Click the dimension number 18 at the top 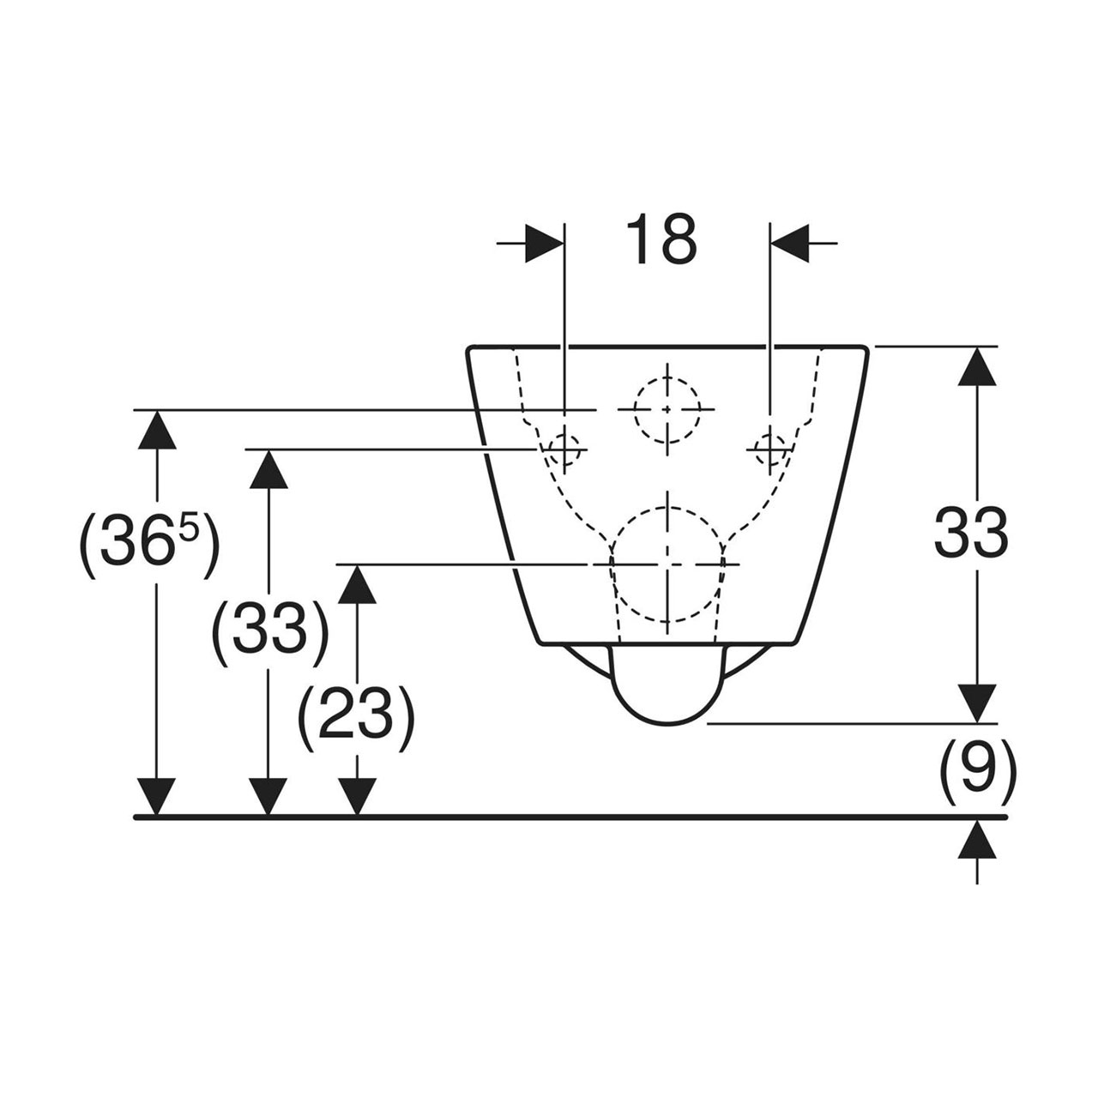coord(661,240)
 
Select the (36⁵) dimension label coord(148,545)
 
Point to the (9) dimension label coord(977,774)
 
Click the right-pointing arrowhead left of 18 coord(544,244)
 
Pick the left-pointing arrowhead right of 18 coord(789,244)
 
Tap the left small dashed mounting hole coord(564,449)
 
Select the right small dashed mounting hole coord(769,449)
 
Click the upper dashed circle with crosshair coord(667,409)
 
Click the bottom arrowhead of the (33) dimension coord(268,797)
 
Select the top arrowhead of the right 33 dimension coord(977,366)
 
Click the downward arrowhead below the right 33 coord(977,703)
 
